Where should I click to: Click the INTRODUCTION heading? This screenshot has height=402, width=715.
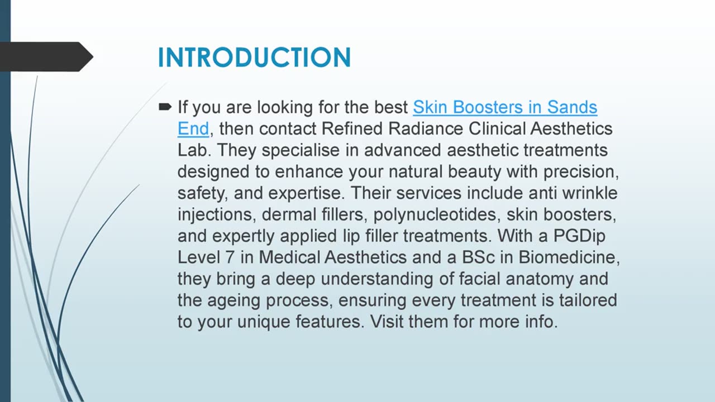click(x=254, y=58)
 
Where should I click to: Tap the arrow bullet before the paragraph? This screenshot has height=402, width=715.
click(x=165, y=106)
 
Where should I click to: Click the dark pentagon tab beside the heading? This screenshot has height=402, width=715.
click(x=45, y=56)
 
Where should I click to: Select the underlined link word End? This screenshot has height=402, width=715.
click(x=193, y=128)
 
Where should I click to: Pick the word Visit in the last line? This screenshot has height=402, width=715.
click(x=387, y=322)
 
